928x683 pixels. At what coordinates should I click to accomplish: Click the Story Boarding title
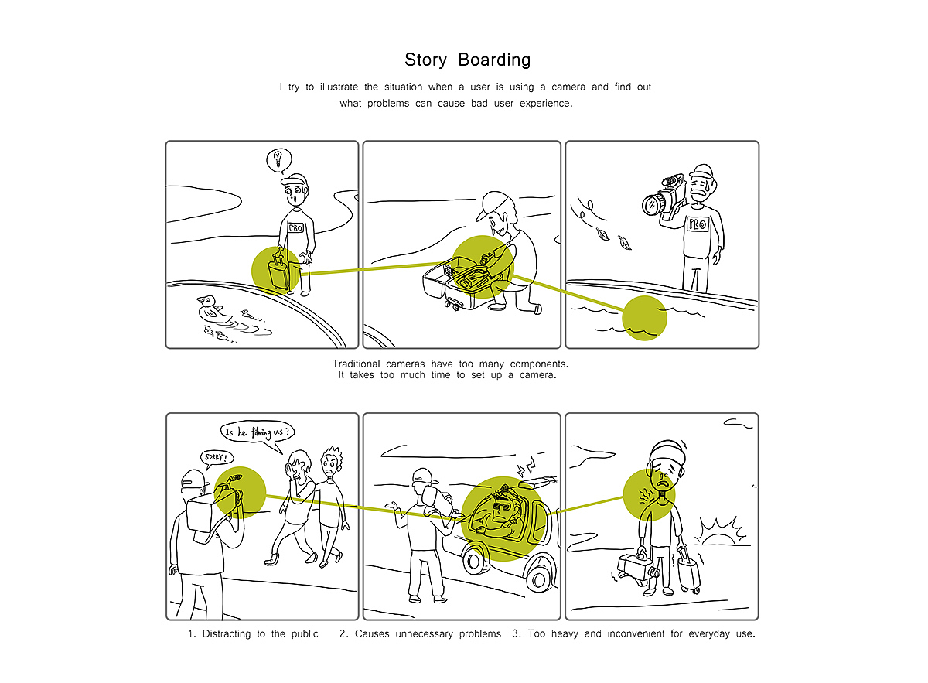(x=467, y=60)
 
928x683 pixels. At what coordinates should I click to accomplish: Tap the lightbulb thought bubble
(x=279, y=160)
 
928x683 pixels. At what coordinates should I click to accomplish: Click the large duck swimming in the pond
(x=213, y=309)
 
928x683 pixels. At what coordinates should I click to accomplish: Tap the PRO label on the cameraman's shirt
(x=698, y=224)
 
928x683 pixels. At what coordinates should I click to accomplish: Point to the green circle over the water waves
(x=644, y=318)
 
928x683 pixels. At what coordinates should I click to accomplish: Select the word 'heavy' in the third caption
(x=565, y=633)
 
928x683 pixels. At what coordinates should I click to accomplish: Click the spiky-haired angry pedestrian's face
(x=329, y=466)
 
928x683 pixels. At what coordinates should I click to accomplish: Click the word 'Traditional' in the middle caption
(x=356, y=364)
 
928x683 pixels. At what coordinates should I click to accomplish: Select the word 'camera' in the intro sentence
(x=568, y=87)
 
